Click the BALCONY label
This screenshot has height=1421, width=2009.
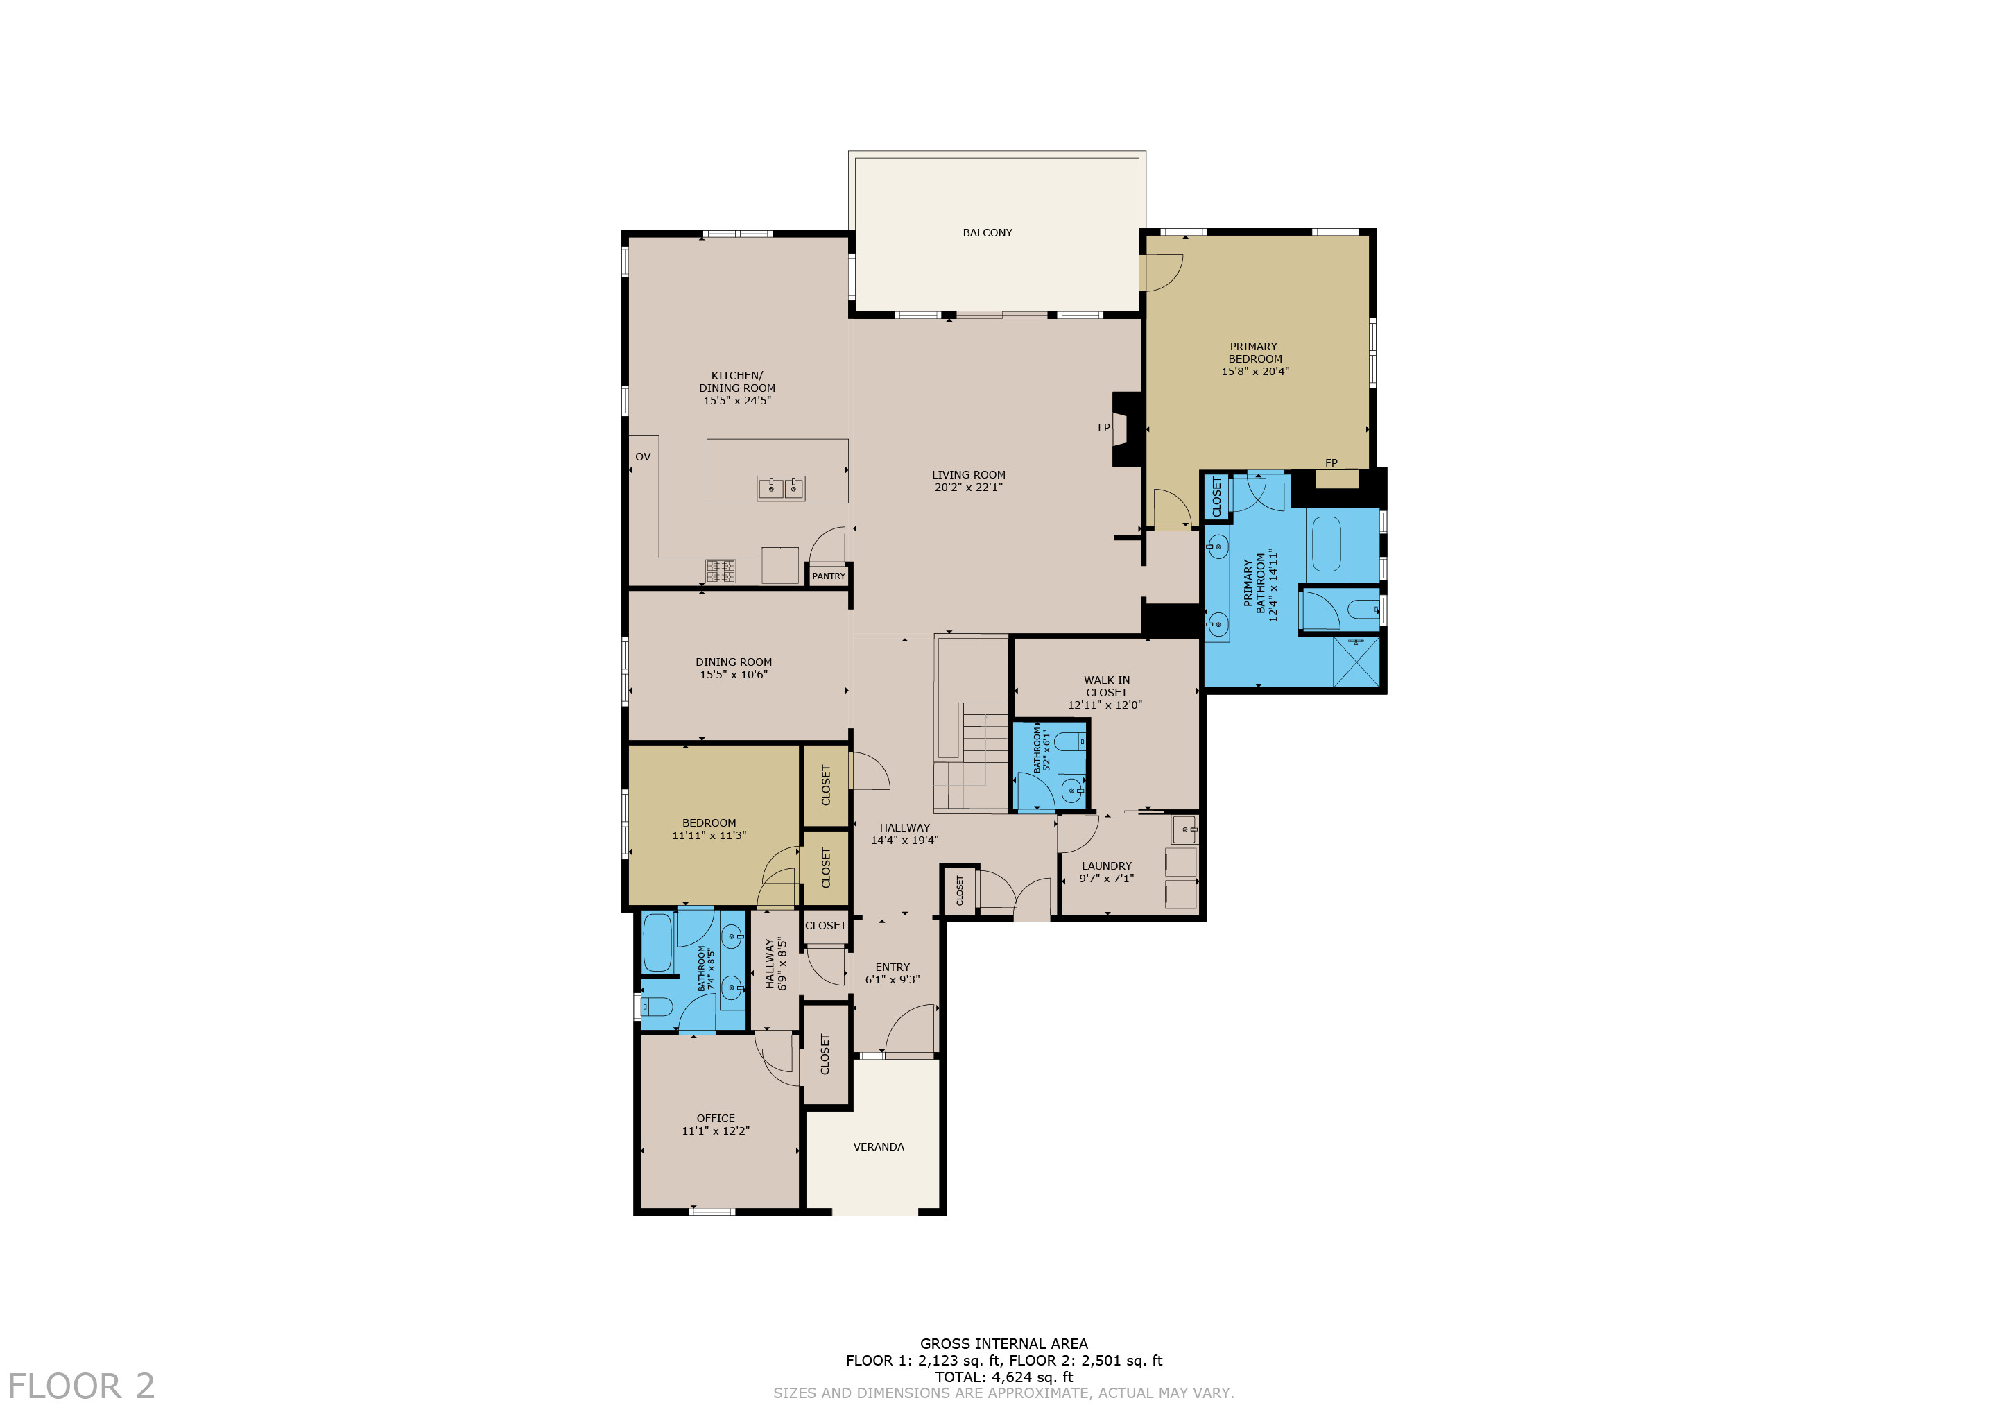click(987, 233)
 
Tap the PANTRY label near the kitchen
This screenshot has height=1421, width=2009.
click(828, 576)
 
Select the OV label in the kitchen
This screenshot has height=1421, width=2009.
click(642, 457)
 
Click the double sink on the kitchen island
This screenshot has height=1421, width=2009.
click(780, 488)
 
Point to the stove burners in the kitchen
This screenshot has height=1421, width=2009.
click(721, 571)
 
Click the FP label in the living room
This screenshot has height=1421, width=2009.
click(1103, 428)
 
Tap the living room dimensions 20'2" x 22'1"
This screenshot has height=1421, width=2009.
click(968, 488)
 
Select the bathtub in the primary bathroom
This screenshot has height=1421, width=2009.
click(1327, 544)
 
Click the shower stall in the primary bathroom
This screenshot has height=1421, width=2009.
click(1355, 662)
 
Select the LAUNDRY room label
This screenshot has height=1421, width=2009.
click(1106, 865)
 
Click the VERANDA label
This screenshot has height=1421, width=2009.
click(879, 1146)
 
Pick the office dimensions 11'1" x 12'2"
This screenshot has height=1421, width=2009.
click(715, 1130)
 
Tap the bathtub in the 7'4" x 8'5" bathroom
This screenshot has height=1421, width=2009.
click(657, 942)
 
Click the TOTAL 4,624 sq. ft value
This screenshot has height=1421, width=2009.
click(1003, 1377)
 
